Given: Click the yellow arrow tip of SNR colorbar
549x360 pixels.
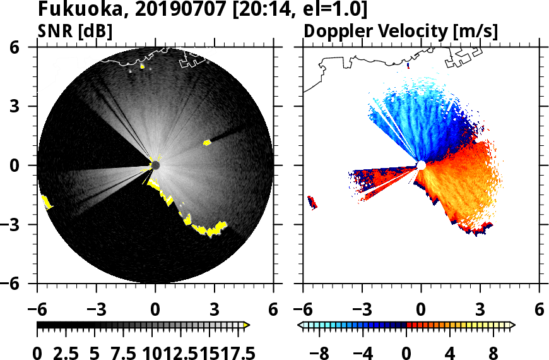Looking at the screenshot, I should pos(247,325).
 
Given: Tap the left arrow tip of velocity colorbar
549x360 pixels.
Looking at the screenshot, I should pos(300,325).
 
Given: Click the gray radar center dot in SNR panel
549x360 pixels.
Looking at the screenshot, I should pos(155,165).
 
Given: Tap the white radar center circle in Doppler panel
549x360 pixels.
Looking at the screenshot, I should pos(421,165).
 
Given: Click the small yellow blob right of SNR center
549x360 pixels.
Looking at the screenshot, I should pos(206,143).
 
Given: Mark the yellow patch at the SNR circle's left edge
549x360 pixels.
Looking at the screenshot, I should pos(46,202).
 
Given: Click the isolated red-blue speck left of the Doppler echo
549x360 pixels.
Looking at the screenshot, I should pos(312,202).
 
